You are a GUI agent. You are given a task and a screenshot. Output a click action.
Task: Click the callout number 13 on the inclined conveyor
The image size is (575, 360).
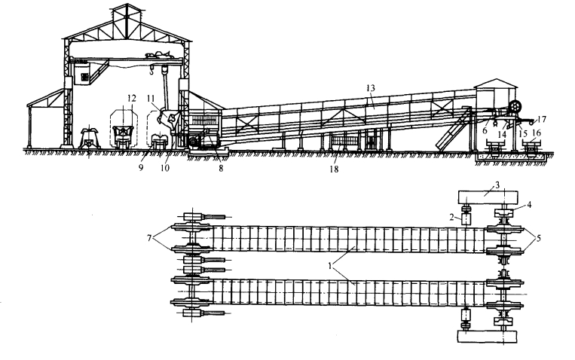click(x=369, y=88)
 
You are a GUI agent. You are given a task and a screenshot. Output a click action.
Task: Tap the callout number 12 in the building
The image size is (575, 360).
click(x=132, y=98)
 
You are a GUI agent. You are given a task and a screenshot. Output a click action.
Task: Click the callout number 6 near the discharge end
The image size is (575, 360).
click(x=485, y=130)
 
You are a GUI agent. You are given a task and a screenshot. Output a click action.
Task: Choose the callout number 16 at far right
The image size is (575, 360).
click(x=536, y=133)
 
